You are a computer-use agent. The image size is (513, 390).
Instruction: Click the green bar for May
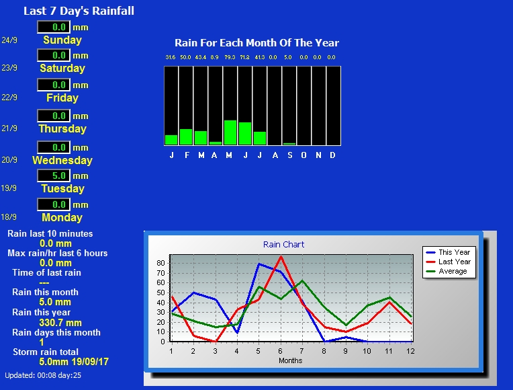tap(230, 132)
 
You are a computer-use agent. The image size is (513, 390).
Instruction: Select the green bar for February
tap(186, 136)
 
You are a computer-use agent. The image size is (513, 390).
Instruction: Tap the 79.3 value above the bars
tap(230, 57)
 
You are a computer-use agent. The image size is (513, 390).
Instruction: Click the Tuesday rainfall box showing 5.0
tap(54, 175)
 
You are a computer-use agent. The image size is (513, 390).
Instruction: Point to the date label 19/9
tap(9, 188)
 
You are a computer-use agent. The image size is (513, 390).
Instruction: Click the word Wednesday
tap(62, 160)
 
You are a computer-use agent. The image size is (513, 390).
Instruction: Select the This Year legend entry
tap(449, 252)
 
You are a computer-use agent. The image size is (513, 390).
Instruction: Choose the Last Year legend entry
tap(449, 262)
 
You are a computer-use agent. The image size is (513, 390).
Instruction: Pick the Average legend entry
tap(447, 272)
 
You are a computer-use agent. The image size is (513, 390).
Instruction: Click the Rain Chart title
tap(283, 245)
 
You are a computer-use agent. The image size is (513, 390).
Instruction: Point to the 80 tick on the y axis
tap(160, 263)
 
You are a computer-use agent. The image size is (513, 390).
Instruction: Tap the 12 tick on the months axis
tap(410, 351)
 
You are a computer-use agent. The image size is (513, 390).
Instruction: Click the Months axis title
tap(291, 360)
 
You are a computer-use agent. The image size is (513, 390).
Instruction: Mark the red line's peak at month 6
tap(281, 257)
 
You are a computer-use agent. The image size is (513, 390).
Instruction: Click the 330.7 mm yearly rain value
tap(60, 323)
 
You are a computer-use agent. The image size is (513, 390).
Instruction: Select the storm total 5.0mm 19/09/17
tap(74, 362)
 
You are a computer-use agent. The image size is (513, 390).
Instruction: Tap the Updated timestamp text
tap(43, 376)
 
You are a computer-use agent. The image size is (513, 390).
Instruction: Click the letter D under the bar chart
tap(332, 155)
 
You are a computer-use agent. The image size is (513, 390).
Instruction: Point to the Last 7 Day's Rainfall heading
tap(79, 11)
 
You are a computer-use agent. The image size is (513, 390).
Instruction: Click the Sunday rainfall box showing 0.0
tap(54, 27)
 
